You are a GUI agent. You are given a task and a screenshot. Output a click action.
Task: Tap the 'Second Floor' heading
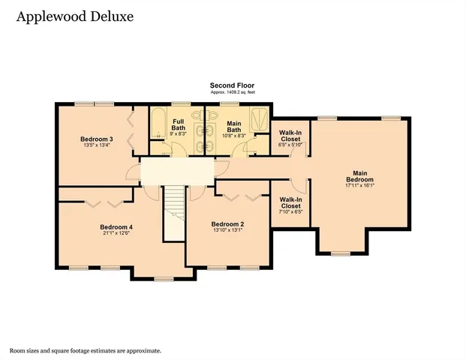(232, 85)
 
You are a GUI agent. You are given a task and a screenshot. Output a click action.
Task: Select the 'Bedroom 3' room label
(97, 139)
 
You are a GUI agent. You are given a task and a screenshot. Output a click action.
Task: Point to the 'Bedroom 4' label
(116, 227)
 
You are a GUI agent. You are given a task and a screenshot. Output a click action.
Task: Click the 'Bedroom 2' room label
(227, 224)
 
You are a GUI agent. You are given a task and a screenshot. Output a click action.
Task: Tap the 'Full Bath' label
(179, 124)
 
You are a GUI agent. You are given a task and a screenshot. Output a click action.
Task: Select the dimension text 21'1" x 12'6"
(116, 234)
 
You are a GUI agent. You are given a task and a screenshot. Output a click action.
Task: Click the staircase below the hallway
(174, 213)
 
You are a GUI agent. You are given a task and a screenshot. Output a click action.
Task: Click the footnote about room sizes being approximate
(85, 350)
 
